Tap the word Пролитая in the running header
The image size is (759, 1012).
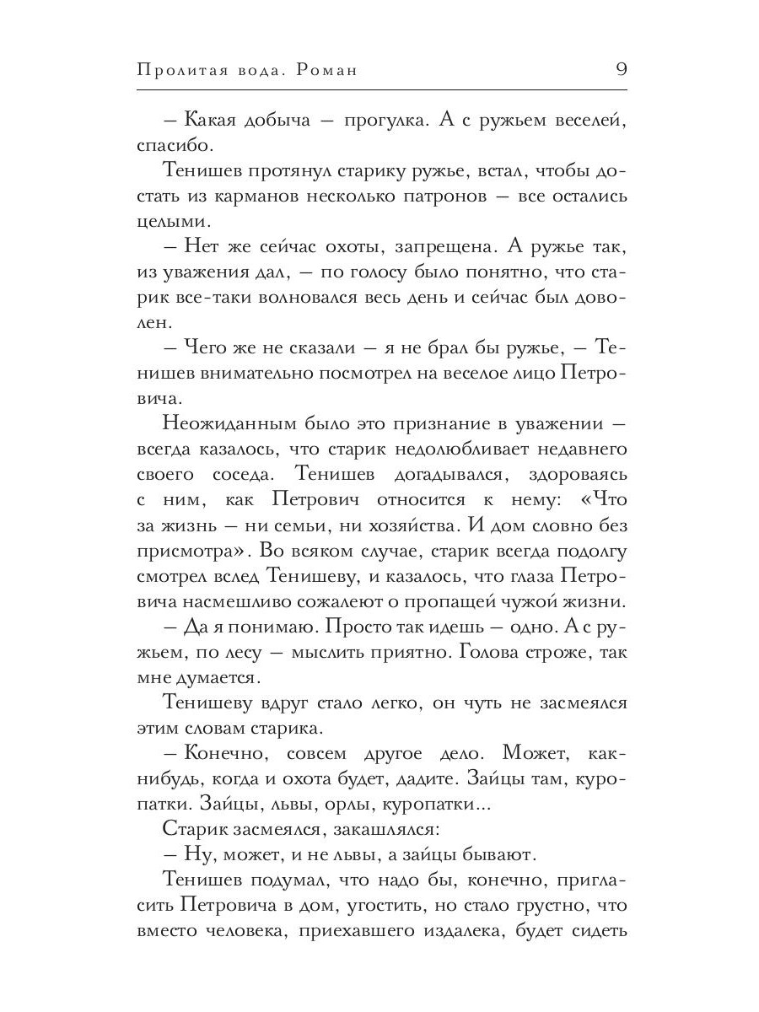[x=175, y=70]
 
